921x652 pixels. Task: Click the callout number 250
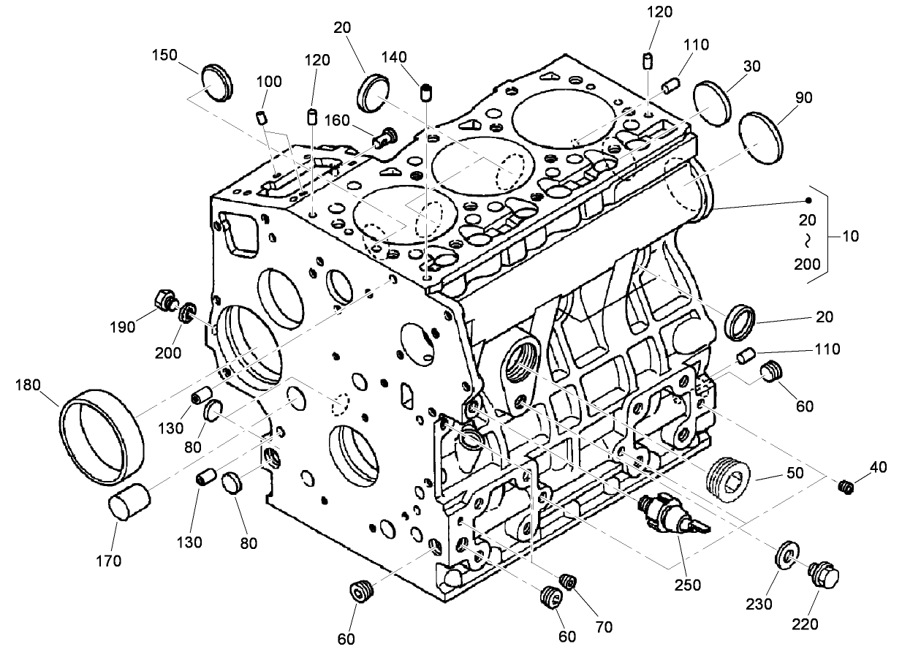pyautogui.click(x=688, y=585)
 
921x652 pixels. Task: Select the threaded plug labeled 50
pyautogui.click(x=729, y=476)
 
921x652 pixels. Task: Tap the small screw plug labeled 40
pyautogui.click(x=847, y=485)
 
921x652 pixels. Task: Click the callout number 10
pyautogui.click(x=850, y=237)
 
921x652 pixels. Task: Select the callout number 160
pyautogui.click(x=337, y=119)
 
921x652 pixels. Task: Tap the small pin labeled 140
pyautogui.click(x=427, y=92)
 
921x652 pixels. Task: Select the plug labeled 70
pyautogui.click(x=567, y=581)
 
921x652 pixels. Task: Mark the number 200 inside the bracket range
pyautogui.click(x=808, y=264)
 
